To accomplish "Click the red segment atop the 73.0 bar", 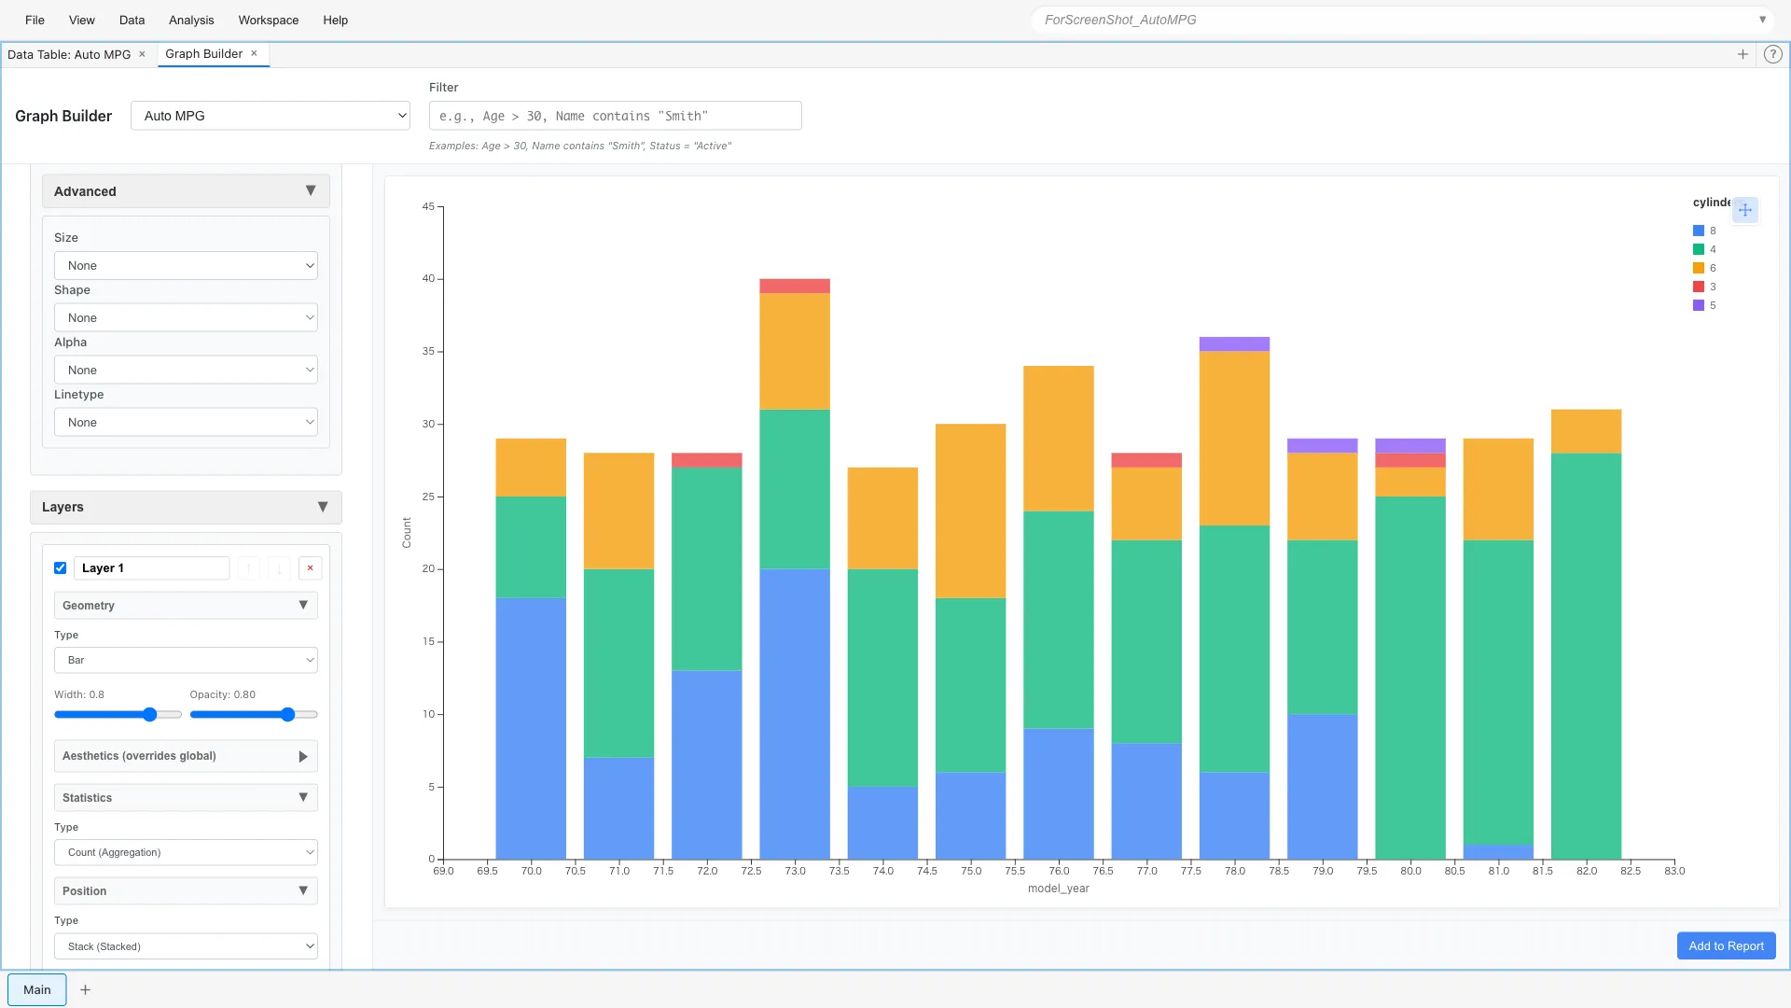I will (x=794, y=286).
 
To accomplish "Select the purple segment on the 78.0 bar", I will (x=1233, y=343).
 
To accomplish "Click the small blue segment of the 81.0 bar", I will (x=1497, y=851).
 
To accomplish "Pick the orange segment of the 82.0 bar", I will (x=1585, y=431).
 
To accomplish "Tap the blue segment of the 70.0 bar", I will (x=530, y=728).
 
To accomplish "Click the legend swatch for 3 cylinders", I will (x=1698, y=287).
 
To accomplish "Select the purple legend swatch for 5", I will (x=1698, y=305).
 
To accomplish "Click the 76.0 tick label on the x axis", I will (x=1058, y=871).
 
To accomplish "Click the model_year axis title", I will (x=1058, y=889).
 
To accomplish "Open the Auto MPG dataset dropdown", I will (x=270, y=116).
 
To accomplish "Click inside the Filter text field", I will (x=614, y=116).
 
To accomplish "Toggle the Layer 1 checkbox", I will (x=61, y=567).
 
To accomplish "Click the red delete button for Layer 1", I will (x=310, y=567).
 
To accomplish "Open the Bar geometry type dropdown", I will (x=186, y=660).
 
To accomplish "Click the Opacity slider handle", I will (x=287, y=714).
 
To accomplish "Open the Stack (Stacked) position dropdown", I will (x=186, y=946).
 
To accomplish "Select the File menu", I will (x=35, y=20).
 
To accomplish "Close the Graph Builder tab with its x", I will (x=254, y=53).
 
